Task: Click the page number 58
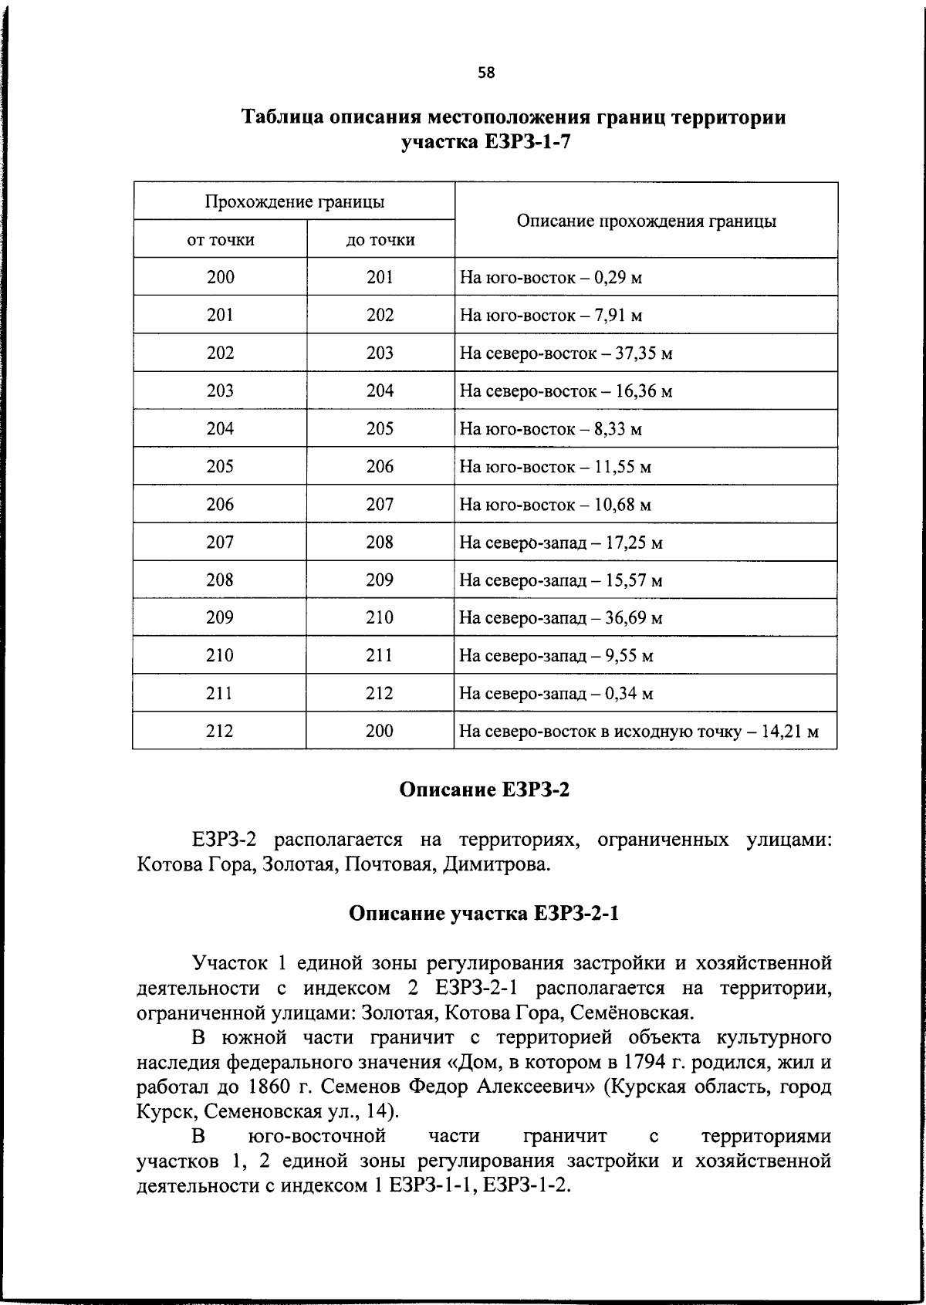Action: pos(486,73)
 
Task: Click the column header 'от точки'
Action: pos(221,240)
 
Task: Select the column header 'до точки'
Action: pos(380,240)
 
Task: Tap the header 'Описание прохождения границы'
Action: pos(646,221)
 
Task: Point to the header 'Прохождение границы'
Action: pos(294,202)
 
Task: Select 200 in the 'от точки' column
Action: pos(221,277)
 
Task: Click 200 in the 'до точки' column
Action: pos(380,731)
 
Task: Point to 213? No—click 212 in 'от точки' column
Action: pos(221,731)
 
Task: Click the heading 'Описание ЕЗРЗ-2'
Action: pos(485,790)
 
